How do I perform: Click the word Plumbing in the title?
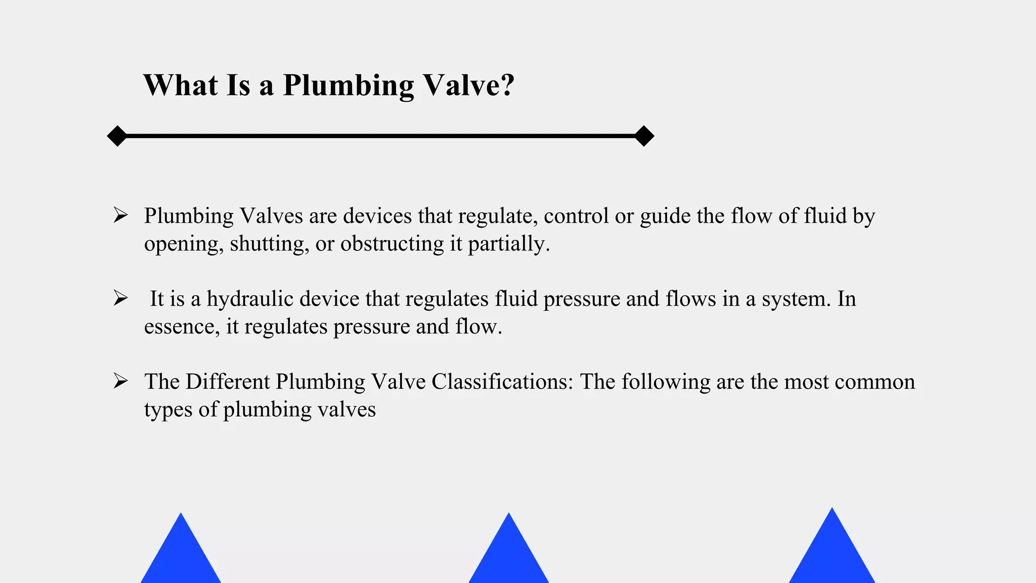[348, 85]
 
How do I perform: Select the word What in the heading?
[180, 85]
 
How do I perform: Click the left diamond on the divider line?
[117, 136]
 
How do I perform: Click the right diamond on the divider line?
[644, 136]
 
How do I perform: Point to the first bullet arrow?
[120, 215]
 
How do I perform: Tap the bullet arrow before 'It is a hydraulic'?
[120, 298]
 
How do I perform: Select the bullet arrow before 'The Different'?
[120, 381]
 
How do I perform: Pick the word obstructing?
[392, 244]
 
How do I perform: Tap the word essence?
[182, 327]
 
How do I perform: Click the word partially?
[508, 244]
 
